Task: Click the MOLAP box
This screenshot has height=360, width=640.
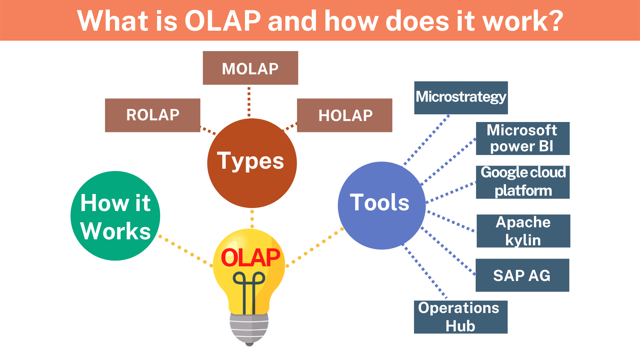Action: click(250, 68)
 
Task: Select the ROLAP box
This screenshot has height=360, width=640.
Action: click(153, 115)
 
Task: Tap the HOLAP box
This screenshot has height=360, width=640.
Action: click(345, 115)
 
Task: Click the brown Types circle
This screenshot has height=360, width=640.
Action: click(252, 163)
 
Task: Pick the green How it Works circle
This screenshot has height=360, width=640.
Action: click(115, 216)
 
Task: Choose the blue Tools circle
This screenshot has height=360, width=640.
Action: click(382, 206)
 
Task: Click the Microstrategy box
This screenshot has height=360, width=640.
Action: click(461, 98)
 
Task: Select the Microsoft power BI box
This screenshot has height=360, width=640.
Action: click(523, 139)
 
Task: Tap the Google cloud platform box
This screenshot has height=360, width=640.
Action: click(523, 182)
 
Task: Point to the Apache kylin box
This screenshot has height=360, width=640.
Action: click(523, 231)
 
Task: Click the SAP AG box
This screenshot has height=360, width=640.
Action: click(522, 275)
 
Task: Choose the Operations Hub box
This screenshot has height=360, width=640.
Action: click(461, 317)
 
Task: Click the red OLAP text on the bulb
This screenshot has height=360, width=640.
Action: click(251, 258)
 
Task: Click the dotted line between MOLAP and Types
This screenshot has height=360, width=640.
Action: click(249, 102)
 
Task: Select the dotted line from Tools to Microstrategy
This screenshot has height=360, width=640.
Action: click(426, 140)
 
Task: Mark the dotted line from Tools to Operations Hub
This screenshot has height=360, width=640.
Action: click(425, 271)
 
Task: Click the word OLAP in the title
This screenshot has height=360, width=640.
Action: click(223, 21)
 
